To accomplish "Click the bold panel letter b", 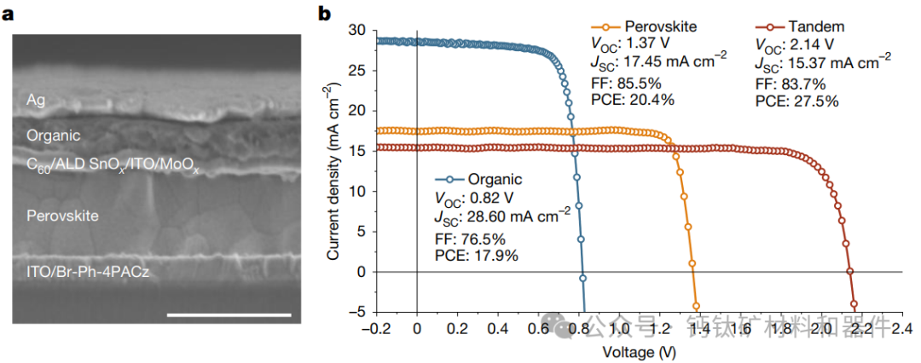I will tap(325, 14).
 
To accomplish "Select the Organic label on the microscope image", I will tap(53, 135).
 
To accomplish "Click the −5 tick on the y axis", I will tap(356, 312).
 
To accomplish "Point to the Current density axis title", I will tap(335, 170).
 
